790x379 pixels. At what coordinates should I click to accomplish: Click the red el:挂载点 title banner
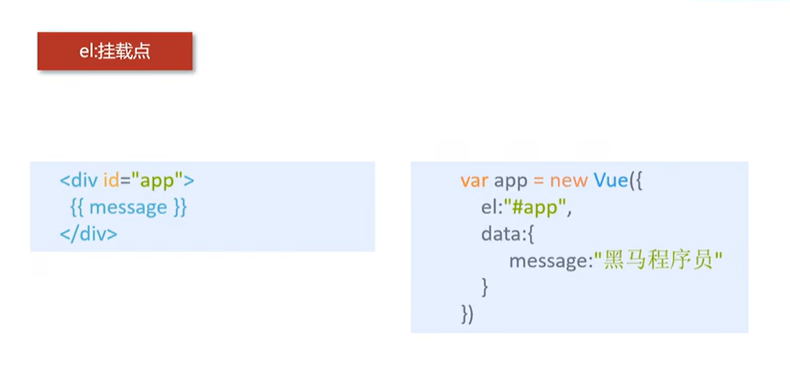(x=115, y=51)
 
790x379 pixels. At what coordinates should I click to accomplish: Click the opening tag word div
(x=85, y=180)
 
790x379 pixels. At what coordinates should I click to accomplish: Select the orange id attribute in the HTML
(x=111, y=180)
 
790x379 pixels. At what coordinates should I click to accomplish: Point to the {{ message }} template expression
(x=128, y=207)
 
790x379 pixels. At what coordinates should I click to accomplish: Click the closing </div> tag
(x=89, y=234)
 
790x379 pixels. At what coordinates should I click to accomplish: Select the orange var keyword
(x=474, y=181)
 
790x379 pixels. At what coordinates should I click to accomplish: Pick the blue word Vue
(x=611, y=180)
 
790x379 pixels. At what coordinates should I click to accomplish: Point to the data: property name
(x=501, y=234)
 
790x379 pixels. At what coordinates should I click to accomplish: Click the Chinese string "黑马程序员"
(x=658, y=261)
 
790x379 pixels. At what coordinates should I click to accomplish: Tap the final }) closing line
(x=467, y=314)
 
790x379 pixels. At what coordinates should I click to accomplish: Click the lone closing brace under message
(x=485, y=287)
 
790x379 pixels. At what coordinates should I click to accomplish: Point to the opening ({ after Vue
(x=636, y=181)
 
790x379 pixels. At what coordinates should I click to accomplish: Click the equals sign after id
(x=124, y=181)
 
